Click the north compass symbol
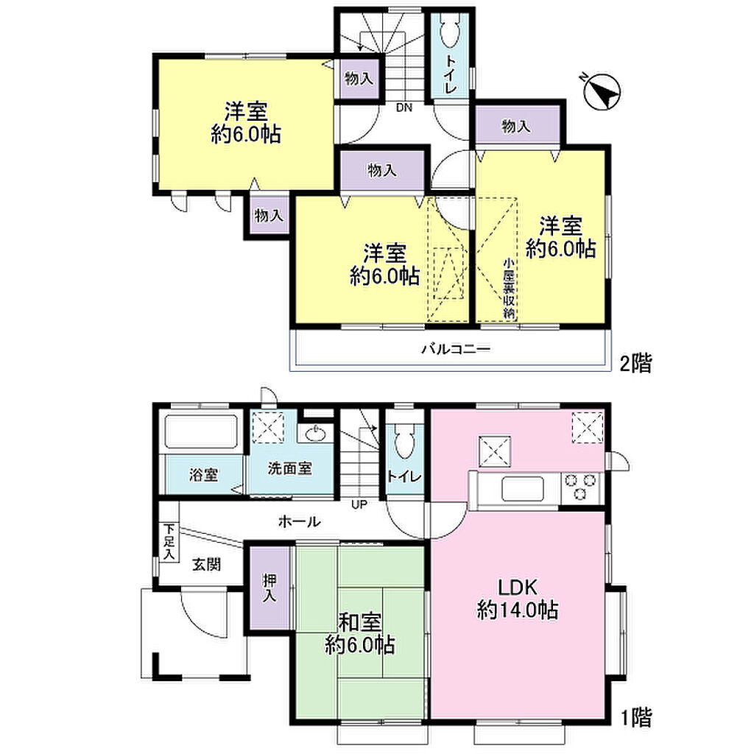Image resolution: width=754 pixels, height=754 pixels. [x=602, y=91]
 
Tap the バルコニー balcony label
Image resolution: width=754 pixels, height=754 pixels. [x=456, y=348]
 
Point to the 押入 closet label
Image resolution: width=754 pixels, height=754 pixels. [x=269, y=588]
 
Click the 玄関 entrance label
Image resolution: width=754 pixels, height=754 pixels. [x=207, y=564]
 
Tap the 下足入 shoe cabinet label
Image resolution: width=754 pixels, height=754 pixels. [x=169, y=542]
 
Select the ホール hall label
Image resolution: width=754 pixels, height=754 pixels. [x=299, y=521]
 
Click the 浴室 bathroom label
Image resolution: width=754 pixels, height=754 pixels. [x=203, y=475]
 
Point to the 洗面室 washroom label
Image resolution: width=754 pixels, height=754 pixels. [x=290, y=468]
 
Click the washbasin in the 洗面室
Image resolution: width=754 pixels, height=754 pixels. [x=315, y=434]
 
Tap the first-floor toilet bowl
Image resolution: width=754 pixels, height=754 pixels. [x=404, y=443]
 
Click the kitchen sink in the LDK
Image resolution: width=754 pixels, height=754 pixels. [x=522, y=489]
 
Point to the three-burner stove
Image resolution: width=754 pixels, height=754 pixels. [x=580, y=487]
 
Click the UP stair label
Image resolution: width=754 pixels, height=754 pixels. [x=359, y=504]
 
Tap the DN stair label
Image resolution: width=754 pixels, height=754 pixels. [x=404, y=108]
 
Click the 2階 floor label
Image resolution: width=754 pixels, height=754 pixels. [x=635, y=363]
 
